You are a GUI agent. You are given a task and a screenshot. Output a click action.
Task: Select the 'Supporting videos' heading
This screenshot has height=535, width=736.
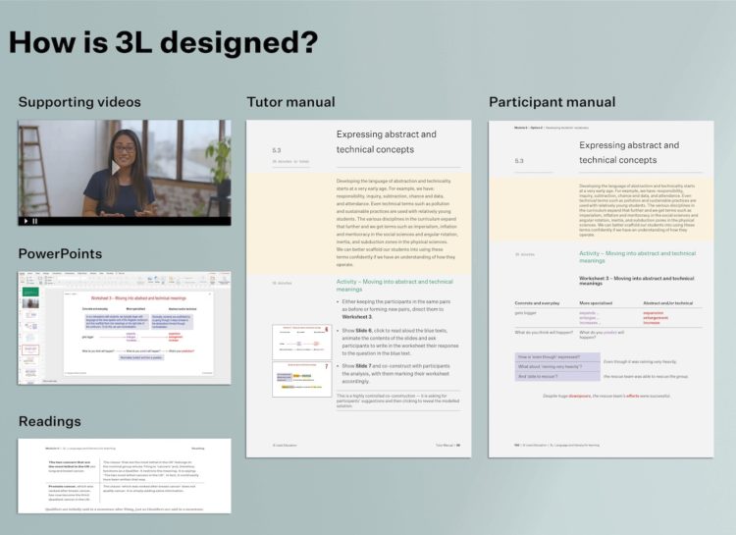[x=79, y=102]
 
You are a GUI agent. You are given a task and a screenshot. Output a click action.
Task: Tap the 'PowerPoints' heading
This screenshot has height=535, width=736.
[x=60, y=253]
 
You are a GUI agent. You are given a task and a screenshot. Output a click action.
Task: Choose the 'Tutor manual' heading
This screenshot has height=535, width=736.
[x=290, y=102]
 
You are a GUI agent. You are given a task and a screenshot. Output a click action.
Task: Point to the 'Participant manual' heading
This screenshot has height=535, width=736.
[x=552, y=102]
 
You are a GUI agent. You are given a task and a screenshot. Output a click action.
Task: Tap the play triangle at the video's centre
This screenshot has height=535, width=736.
[x=115, y=169]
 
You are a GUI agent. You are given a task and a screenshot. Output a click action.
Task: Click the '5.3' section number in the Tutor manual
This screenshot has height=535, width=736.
[x=277, y=150]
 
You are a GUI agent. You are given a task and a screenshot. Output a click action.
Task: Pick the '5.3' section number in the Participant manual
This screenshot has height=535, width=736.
[x=519, y=160]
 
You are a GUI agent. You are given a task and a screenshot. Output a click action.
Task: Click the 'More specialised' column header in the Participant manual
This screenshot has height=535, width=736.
[x=602, y=304]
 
